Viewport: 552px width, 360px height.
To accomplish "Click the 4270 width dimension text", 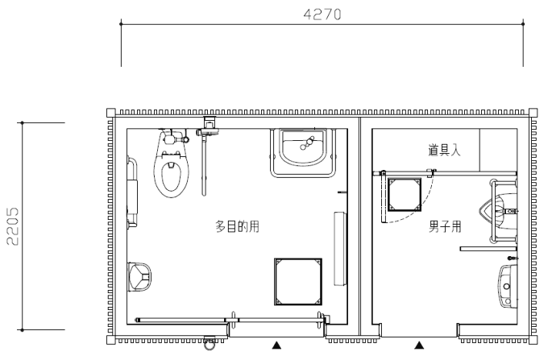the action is point(322,14).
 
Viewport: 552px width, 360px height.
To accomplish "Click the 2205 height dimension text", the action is point(13,226).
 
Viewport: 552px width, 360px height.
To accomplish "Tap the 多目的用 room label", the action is point(237,226).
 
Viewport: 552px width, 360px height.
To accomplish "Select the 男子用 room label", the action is point(445,226).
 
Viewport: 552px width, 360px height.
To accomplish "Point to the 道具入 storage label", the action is point(444,150).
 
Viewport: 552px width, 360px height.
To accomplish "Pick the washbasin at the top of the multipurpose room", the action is point(302,152).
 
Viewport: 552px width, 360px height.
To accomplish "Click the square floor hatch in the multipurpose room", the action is point(298,282).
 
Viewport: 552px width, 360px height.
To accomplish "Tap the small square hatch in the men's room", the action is point(405,195).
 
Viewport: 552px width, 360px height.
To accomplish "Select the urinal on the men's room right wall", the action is point(497,211).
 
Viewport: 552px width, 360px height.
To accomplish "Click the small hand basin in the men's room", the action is point(508,285).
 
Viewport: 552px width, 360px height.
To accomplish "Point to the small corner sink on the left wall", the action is point(139,277).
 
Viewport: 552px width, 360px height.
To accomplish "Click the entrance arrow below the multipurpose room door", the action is point(276,346).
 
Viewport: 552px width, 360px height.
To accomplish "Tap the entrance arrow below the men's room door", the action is point(419,346).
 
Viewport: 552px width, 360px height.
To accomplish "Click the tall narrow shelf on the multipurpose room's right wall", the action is point(340,248).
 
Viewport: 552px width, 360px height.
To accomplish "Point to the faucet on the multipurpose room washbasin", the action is point(307,143).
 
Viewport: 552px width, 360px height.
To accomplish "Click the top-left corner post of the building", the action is point(111,113).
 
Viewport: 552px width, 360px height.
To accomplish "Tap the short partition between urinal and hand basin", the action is point(488,249).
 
